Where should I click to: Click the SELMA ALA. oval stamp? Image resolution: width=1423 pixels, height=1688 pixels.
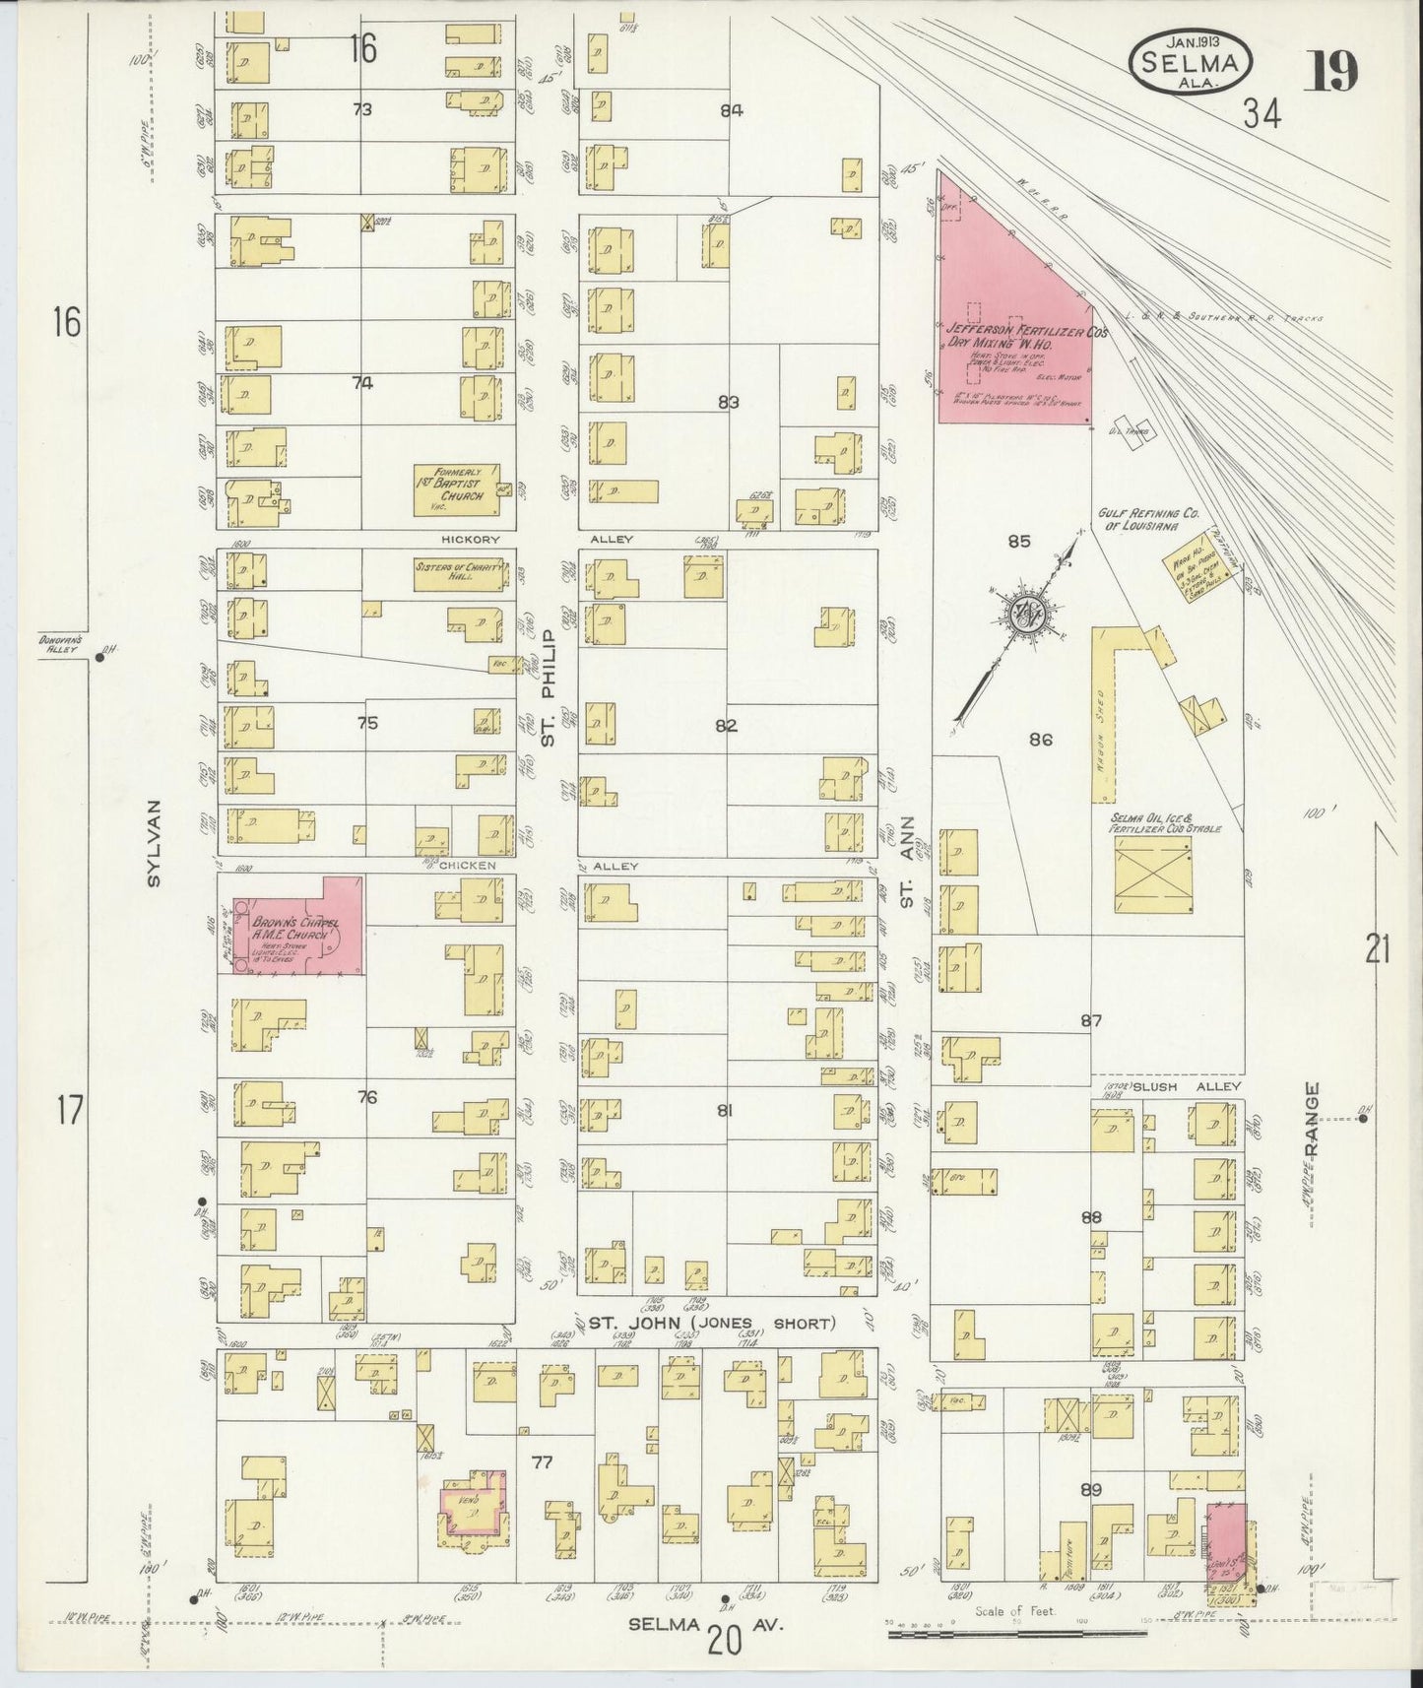pyautogui.click(x=1192, y=62)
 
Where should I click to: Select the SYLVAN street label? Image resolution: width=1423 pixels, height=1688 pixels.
pyautogui.click(x=153, y=843)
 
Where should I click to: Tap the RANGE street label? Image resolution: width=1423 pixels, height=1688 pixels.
pyautogui.click(x=1310, y=1119)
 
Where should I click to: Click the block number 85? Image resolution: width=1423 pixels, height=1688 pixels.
pyautogui.click(x=1019, y=541)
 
